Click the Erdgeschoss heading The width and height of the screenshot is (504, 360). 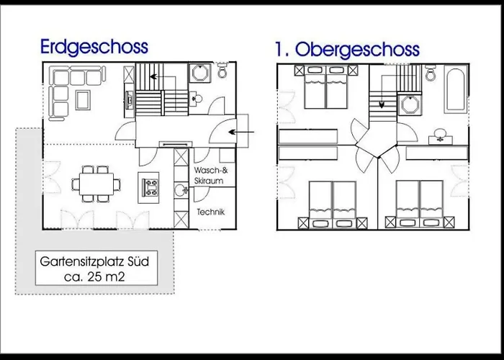click(x=94, y=48)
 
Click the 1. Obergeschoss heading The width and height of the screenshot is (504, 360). click(x=347, y=50)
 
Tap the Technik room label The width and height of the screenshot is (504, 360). click(x=210, y=212)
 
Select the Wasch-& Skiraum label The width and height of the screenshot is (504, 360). click(x=210, y=175)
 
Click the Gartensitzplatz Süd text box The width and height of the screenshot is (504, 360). click(x=96, y=268)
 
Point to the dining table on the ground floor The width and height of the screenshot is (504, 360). click(x=96, y=184)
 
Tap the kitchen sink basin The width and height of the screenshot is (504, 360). click(x=180, y=190)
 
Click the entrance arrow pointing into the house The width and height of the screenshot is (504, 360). click(x=241, y=132)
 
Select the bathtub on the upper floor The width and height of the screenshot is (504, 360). click(x=456, y=90)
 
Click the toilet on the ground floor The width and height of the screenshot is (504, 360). click(x=222, y=70)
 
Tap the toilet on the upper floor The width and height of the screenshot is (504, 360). click(x=431, y=73)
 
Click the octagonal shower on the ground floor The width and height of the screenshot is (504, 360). click(x=200, y=73)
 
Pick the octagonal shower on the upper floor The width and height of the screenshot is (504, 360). click(x=410, y=104)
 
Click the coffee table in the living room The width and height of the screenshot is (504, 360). click(x=83, y=100)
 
